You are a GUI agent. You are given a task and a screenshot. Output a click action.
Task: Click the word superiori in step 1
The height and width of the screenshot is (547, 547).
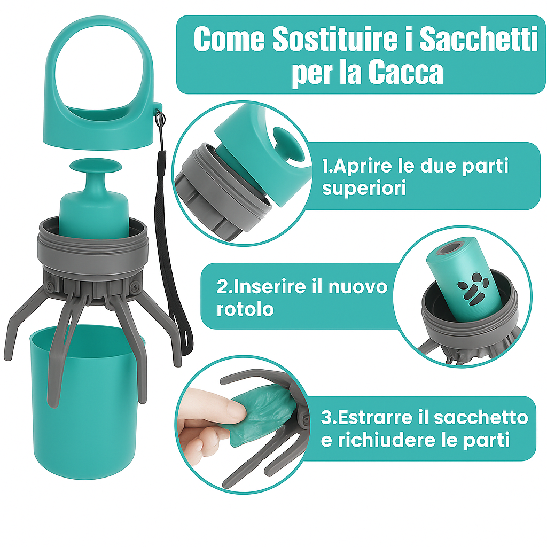point(364,188)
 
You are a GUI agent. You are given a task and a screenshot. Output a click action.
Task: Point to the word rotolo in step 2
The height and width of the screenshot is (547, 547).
point(245,309)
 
